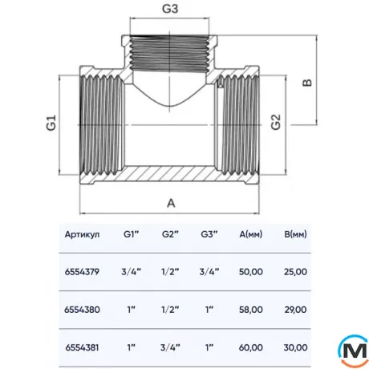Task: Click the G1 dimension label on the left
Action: pos(50,124)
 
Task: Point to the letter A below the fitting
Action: pos(170,203)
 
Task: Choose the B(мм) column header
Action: pos(294,235)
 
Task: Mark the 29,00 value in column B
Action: pos(294,309)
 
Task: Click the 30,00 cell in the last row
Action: pos(294,347)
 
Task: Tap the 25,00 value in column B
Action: pos(294,271)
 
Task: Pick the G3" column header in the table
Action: pos(209,235)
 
